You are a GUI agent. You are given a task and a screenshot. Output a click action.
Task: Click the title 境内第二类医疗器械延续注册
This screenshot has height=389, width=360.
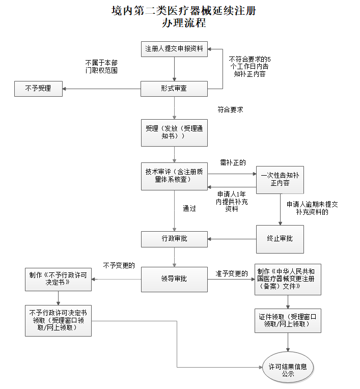pyautogui.click(x=184, y=10)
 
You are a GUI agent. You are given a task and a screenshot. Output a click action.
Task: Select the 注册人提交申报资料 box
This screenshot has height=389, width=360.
pyautogui.click(x=174, y=49)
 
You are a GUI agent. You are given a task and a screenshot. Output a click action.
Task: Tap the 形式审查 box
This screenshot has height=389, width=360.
pyautogui.click(x=174, y=89)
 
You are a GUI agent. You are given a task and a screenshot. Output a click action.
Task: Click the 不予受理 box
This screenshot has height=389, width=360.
pyautogui.click(x=38, y=89)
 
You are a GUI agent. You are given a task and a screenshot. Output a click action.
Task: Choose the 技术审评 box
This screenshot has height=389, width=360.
pyautogui.click(x=174, y=176)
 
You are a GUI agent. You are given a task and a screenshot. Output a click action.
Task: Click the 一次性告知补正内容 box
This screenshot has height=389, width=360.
pyautogui.click(x=280, y=179)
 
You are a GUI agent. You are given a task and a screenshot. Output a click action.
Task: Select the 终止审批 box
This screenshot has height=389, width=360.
pyautogui.click(x=280, y=238)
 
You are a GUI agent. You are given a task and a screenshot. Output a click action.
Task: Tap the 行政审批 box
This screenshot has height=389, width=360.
pyautogui.click(x=174, y=238)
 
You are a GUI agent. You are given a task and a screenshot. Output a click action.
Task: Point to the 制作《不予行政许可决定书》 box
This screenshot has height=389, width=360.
pyautogui.click(x=59, y=279)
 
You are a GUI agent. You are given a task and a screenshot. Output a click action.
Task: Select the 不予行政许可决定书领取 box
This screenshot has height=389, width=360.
pyautogui.click(x=59, y=320)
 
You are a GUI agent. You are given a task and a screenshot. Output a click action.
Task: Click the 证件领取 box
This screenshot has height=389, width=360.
pyautogui.click(x=288, y=320)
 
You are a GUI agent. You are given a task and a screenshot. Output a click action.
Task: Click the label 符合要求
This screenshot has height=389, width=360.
pyautogui.click(x=230, y=109)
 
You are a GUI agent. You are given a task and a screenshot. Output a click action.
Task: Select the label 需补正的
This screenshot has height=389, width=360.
pyautogui.click(x=233, y=162)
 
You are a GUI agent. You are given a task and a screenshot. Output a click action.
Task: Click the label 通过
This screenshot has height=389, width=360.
pyautogui.click(x=189, y=208)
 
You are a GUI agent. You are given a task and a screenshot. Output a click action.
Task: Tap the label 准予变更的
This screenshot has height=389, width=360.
pyautogui.click(x=232, y=273)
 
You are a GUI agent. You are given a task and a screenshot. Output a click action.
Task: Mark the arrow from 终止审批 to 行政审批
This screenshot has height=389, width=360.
pyautogui.click(x=232, y=238)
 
